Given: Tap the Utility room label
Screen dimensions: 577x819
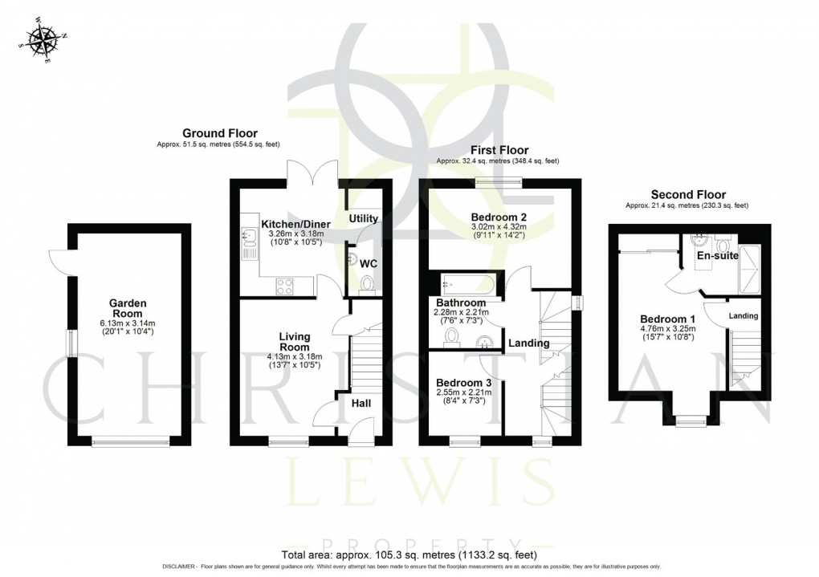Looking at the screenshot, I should pyautogui.click(x=363, y=218).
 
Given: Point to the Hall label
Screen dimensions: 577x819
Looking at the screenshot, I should pyautogui.click(x=361, y=403).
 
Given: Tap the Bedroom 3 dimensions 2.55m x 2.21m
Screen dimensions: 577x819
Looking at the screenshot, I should pyautogui.click(x=463, y=394).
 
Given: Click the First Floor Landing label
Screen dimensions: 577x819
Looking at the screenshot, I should pyautogui.click(x=528, y=343).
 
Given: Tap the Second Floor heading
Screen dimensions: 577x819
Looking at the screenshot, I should pyautogui.click(x=688, y=194).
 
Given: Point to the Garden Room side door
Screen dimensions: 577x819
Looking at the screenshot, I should pyautogui.click(x=56, y=258).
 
